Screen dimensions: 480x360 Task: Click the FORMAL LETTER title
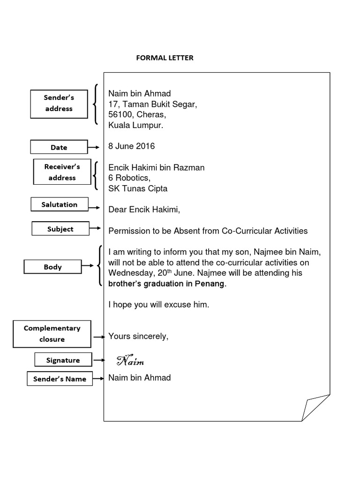[x=164, y=58]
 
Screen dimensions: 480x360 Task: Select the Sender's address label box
[x=59, y=103]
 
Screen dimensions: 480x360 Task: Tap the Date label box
[x=59, y=147]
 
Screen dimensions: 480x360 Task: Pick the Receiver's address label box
[x=62, y=172]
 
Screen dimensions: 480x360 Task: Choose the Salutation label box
[x=60, y=204]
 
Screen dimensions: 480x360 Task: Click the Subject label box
[x=60, y=229]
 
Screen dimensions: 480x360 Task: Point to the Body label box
[x=52, y=267]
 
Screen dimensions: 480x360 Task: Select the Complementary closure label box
[x=52, y=334]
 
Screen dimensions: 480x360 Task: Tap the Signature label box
[x=63, y=360]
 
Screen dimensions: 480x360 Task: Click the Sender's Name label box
[x=60, y=379]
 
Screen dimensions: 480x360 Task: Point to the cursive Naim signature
[x=130, y=361]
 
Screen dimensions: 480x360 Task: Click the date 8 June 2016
[x=131, y=146]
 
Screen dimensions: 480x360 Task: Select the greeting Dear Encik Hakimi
[x=144, y=210]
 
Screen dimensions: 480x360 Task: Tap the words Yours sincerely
[x=138, y=336]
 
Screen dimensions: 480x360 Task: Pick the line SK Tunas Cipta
[x=138, y=188]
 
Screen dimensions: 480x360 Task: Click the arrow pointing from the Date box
[x=94, y=147]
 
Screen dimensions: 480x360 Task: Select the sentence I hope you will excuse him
[x=158, y=304]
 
